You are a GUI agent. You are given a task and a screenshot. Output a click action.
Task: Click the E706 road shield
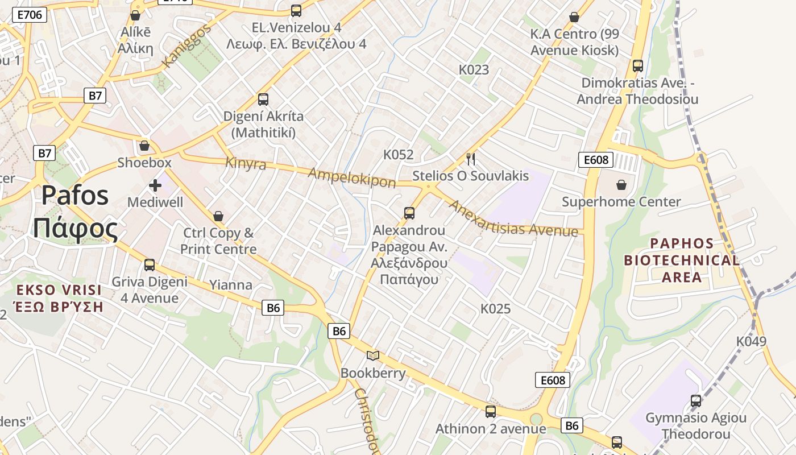tap(30, 15)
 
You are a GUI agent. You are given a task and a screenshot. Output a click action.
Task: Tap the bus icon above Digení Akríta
tap(263, 100)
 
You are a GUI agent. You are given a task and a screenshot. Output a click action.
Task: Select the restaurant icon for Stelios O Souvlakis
tap(470, 159)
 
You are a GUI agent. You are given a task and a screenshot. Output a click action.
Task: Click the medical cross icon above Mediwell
tap(155, 185)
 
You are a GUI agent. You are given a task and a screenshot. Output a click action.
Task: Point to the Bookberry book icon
tap(373, 356)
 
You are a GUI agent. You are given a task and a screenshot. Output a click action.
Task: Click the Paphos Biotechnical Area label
tap(682, 260)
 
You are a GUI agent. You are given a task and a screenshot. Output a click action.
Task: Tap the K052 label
tap(398, 155)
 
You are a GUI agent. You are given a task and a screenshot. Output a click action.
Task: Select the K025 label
tap(495, 309)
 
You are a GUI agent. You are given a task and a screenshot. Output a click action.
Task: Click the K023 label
tap(474, 70)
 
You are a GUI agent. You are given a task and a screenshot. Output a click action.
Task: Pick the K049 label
tap(751, 341)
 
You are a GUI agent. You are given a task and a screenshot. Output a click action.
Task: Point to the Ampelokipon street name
tap(352, 177)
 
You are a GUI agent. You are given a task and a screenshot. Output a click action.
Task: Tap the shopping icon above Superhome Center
tap(621, 185)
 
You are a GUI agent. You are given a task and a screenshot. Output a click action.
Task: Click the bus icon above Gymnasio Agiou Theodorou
tap(695, 401)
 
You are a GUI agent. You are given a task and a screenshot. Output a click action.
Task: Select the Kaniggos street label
tap(186, 45)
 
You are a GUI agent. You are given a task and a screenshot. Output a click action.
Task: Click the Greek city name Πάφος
tap(75, 229)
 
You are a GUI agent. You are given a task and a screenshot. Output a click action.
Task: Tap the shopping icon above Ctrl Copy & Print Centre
tap(218, 217)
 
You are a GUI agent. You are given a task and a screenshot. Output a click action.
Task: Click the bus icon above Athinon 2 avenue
tap(490, 412)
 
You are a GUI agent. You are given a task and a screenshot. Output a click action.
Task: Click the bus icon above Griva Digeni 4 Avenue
tap(150, 265)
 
